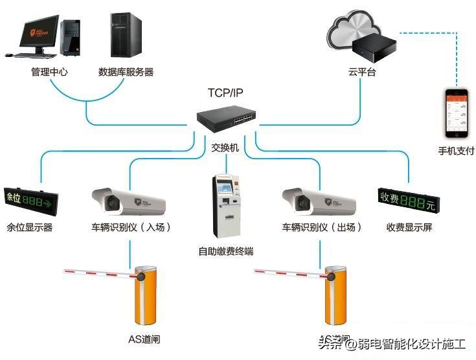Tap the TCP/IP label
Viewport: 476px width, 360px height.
[225, 93]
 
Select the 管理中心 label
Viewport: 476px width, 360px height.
[49, 72]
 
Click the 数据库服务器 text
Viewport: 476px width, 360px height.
[126, 72]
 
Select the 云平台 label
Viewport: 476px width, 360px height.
[361, 72]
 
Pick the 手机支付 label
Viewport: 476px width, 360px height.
[456, 152]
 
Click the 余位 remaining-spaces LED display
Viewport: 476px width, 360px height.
[30, 199]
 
